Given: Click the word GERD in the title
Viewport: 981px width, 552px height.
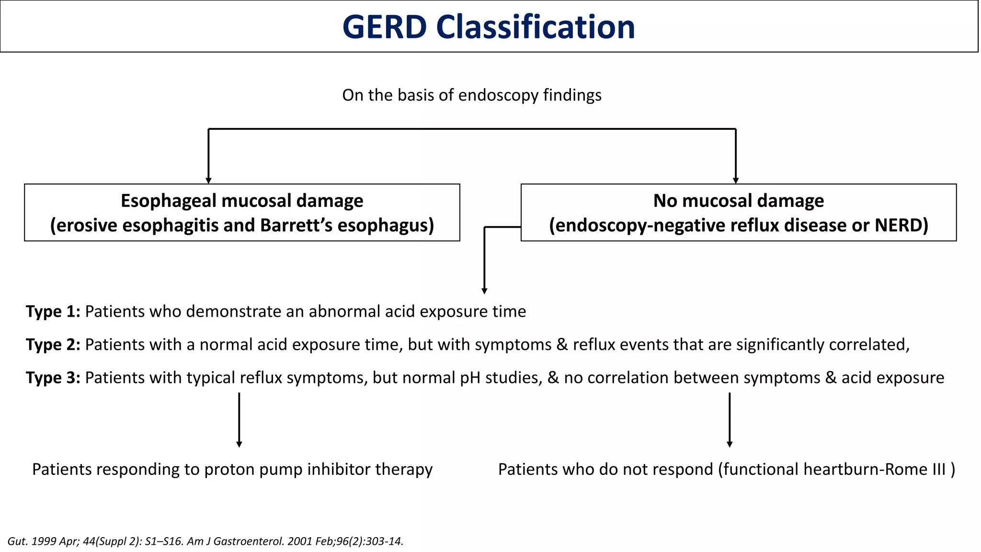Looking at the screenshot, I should [384, 27].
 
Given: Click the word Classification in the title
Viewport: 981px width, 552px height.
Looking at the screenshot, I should [535, 27].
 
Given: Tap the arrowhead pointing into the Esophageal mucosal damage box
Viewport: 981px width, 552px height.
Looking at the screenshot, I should [208, 180].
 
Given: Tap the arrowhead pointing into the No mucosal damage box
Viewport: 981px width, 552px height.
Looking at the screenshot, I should [736, 180].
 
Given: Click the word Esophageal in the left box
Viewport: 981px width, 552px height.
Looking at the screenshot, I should [168, 201].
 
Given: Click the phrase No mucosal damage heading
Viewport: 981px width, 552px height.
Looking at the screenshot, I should [738, 201].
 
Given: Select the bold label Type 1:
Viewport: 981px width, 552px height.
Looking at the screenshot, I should [53, 312].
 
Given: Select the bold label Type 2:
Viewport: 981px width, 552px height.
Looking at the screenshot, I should [53, 345].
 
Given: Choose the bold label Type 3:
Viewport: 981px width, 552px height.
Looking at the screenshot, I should [53, 378].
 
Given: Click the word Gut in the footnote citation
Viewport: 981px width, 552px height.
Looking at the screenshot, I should [17, 541].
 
